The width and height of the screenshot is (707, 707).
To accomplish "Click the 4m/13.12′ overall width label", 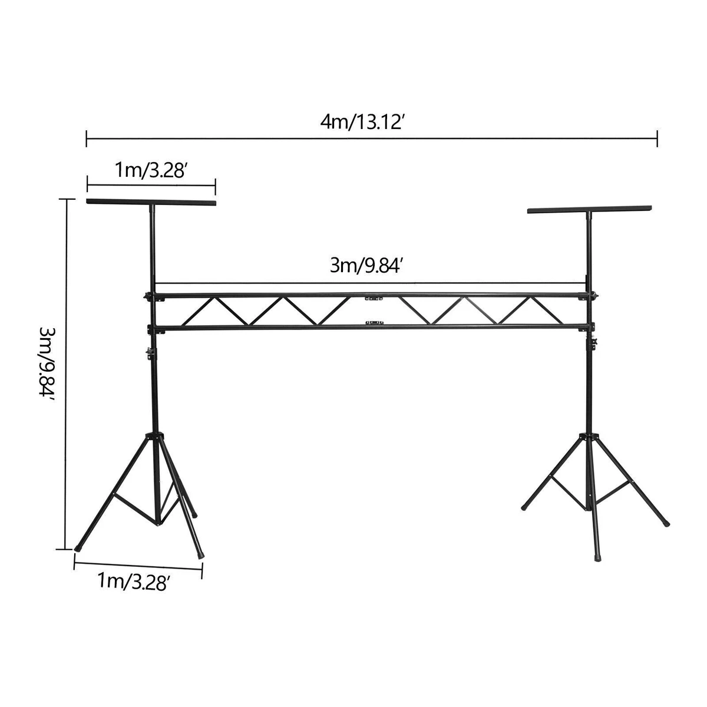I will click(362, 123).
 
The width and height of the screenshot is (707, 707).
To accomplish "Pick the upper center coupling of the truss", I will click(370, 299).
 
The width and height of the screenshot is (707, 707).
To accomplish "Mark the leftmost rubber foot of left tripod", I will click(79, 547).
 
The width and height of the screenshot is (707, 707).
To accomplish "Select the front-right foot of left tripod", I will click(201, 554).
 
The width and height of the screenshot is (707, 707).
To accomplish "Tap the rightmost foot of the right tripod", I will click(666, 522).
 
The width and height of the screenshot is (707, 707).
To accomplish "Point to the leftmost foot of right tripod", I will click(524, 506).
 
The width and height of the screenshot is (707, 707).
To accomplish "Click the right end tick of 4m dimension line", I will click(657, 139).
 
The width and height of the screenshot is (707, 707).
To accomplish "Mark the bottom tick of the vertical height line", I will click(67, 549).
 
